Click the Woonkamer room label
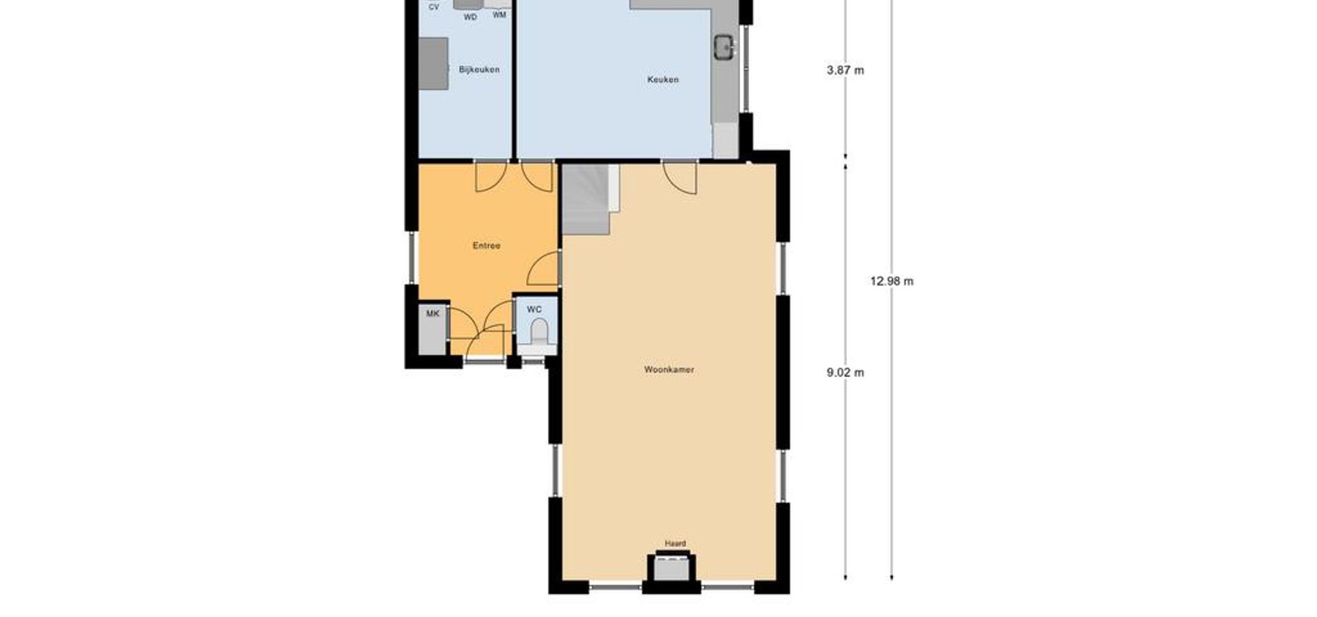669,370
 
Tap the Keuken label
663,80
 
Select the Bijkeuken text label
479,69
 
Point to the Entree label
486,245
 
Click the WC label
534,310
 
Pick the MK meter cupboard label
433,314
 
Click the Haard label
675,544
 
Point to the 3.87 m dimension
845,70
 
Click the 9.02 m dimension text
845,373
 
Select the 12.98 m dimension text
892,281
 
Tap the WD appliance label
470,17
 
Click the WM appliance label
499,14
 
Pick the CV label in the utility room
434,7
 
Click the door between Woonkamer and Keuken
680,178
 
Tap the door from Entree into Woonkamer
544,268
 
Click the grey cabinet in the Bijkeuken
434,64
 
